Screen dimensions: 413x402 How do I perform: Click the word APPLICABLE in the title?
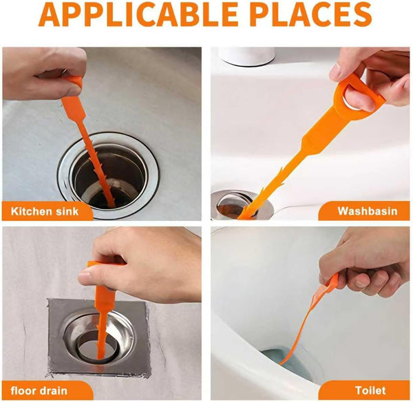138,14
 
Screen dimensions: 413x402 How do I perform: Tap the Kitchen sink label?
45,211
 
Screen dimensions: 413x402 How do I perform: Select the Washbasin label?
368,211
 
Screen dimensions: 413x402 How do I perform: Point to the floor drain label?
39,390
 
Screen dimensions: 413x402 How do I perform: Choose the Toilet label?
370,390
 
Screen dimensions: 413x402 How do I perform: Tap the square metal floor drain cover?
98,338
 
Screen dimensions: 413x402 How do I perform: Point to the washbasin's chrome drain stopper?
237,204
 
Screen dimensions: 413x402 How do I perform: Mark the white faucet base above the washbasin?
248,56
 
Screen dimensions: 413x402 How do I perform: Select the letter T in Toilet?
359,390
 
